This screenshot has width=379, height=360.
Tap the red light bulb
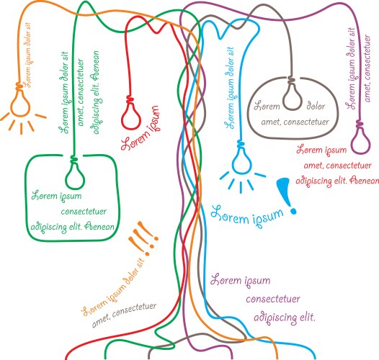point(131,114)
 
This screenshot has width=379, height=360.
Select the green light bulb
point(74,174)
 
